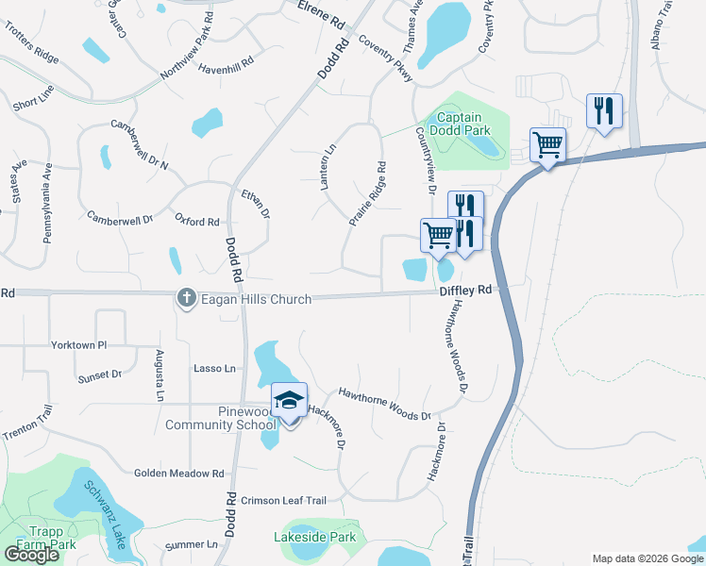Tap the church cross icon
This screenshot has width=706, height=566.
pos(186,299)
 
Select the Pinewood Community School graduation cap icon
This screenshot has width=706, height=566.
pos(290,400)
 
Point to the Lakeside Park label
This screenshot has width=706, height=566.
pos(314,538)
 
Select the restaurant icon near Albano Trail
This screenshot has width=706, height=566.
pos(602,110)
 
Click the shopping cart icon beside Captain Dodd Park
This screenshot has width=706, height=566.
pos(547,145)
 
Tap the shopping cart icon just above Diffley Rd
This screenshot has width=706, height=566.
pos(438,235)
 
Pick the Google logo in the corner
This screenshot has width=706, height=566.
pos(31,555)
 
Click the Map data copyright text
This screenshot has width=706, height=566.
pos(647,558)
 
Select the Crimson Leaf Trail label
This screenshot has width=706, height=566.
pos(283,501)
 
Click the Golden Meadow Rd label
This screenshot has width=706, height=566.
pos(178,474)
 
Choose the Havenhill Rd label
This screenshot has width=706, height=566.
pos(227,62)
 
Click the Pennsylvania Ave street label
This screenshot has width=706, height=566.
pos(46,203)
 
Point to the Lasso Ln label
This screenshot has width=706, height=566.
pos(214,368)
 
